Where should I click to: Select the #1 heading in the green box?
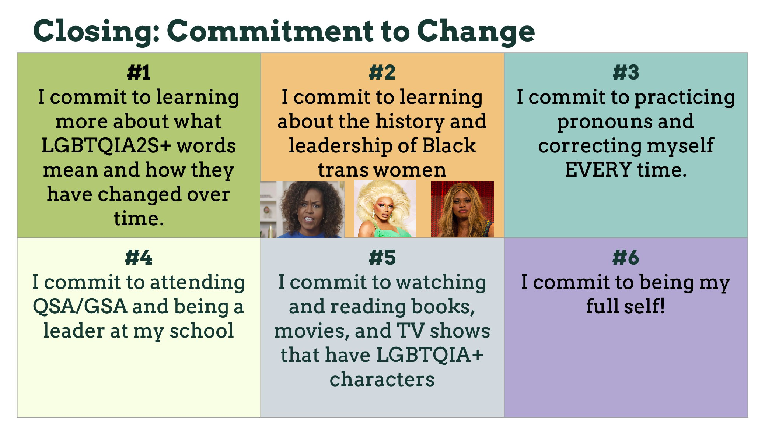pos(139,72)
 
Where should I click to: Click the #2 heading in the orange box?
pos(382,72)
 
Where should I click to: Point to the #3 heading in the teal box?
pos(626,72)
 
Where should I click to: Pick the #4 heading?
pos(139,257)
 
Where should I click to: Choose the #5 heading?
pos(382,257)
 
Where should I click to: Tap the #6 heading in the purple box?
pos(626,257)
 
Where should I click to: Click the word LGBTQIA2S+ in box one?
pos(106,145)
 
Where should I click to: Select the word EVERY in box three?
pos(598,170)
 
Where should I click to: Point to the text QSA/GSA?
pos(80,307)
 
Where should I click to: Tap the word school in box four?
pos(202,331)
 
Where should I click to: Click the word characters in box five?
pos(382,380)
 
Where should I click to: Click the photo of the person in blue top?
pos(303,209)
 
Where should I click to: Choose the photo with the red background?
pos(462,209)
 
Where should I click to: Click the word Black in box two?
pos(449,145)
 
